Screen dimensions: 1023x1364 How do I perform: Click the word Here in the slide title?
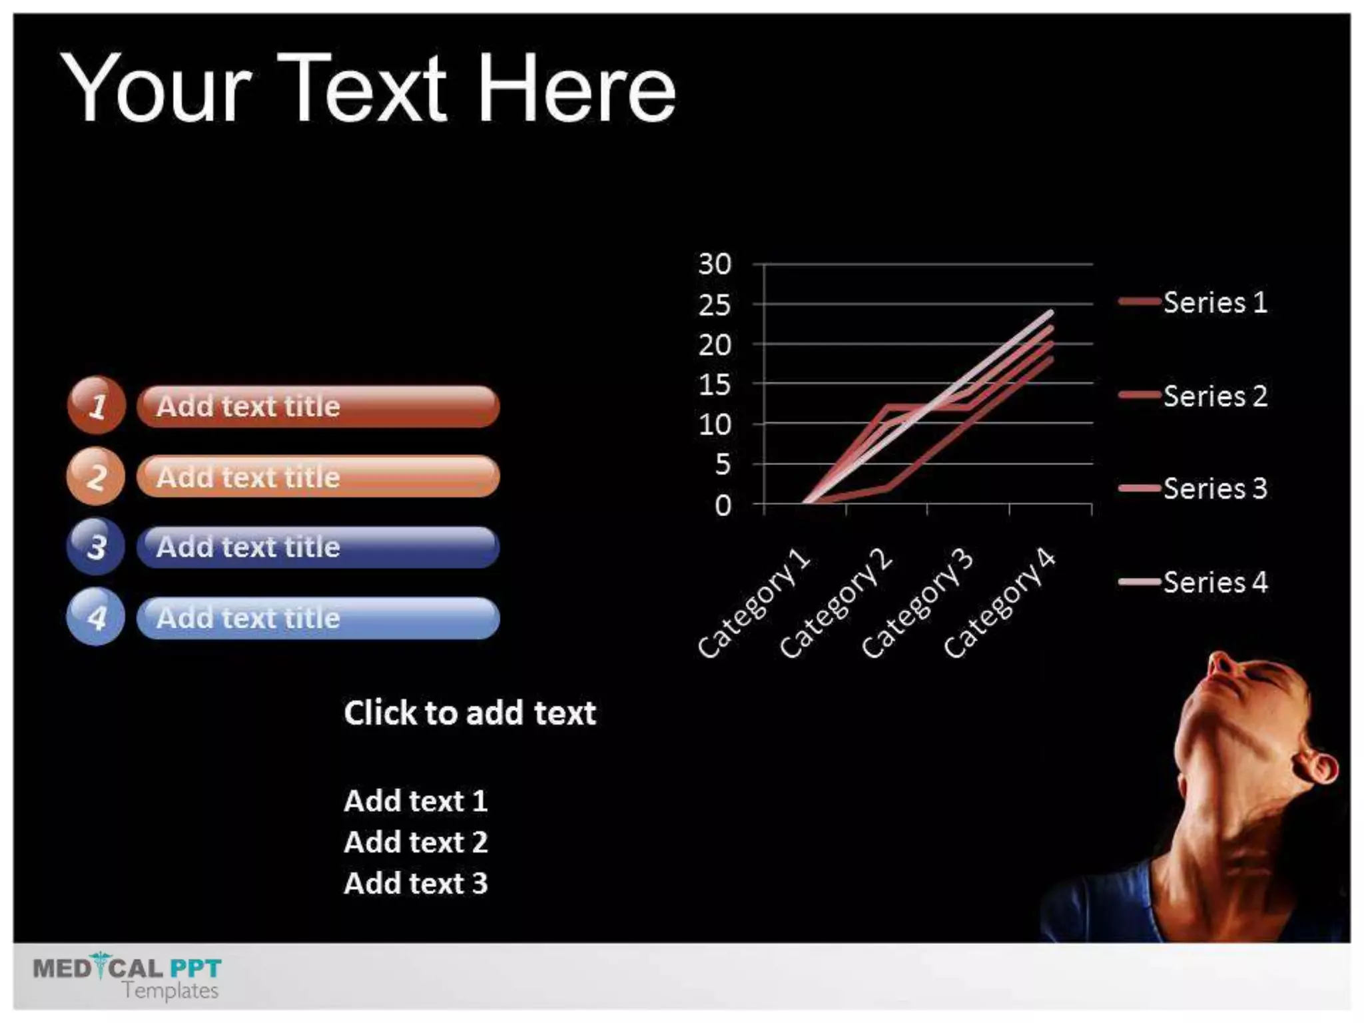(x=577, y=89)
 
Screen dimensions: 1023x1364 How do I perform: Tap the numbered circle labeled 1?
(x=97, y=405)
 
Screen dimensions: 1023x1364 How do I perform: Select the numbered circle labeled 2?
(x=96, y=476)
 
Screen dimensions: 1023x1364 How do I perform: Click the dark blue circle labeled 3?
(x=96, y=547)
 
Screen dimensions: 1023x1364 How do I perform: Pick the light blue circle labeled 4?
(x=96, y=617)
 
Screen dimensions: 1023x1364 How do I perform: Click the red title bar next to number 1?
(x=318, y=406)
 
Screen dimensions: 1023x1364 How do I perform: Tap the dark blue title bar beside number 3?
(x=318, y=547)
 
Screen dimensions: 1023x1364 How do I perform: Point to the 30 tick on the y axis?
(x=715, y=264)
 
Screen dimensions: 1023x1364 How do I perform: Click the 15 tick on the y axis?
(x=715, y=384)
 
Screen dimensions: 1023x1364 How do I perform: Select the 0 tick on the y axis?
(x=723, y=506)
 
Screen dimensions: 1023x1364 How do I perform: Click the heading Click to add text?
(x=470, y=713)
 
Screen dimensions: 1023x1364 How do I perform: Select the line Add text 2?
(x=416, y=842)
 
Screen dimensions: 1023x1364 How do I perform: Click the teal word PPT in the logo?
(x=195, y=968)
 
